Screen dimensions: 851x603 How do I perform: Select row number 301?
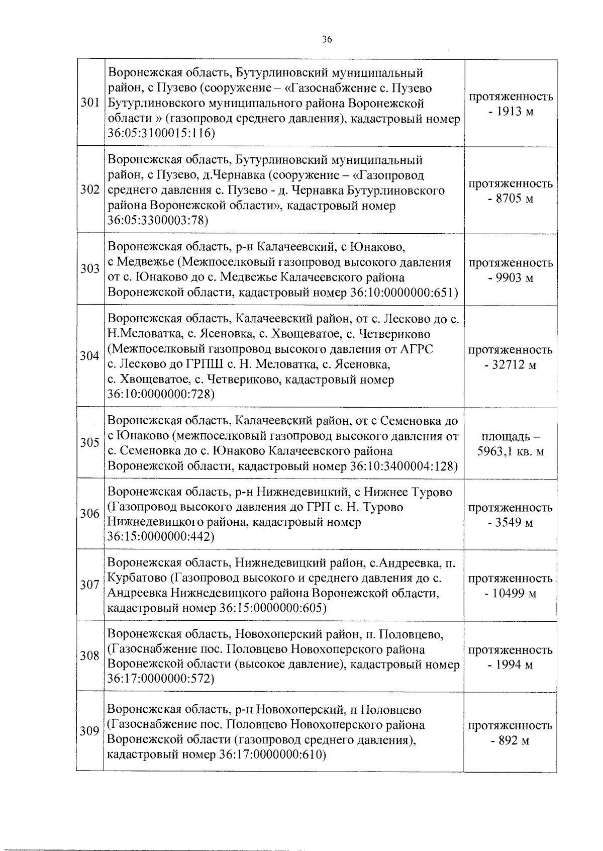pos(90,104)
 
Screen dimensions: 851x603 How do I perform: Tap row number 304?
pos(90,356)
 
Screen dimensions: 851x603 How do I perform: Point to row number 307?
pos(90,585)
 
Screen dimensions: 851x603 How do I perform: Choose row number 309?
pos(90,732)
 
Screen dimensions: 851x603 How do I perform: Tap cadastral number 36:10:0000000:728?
pos(161,395)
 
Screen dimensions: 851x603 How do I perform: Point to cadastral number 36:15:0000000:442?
pos(161,537)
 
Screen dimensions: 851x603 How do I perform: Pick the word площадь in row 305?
pos(507,436)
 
